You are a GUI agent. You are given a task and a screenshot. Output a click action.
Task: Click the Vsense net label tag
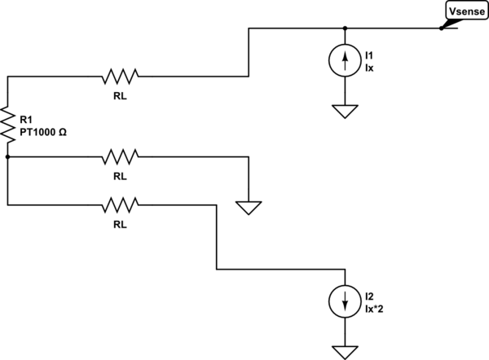(465, 11)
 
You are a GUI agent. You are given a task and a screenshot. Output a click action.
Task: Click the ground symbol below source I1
(345, 112)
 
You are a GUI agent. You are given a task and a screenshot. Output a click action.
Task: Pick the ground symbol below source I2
(345, 349)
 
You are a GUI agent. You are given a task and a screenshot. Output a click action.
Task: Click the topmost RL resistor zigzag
(121, 77)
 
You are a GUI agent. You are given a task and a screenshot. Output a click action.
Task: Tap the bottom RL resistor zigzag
(121, 203)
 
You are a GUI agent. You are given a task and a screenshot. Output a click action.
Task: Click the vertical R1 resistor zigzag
(7, 125)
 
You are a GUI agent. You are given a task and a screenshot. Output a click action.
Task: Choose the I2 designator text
(371, 296)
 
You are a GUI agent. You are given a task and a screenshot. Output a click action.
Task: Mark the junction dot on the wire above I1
(345, 28)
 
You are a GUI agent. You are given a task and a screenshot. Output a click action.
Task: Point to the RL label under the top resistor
(121, 94)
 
